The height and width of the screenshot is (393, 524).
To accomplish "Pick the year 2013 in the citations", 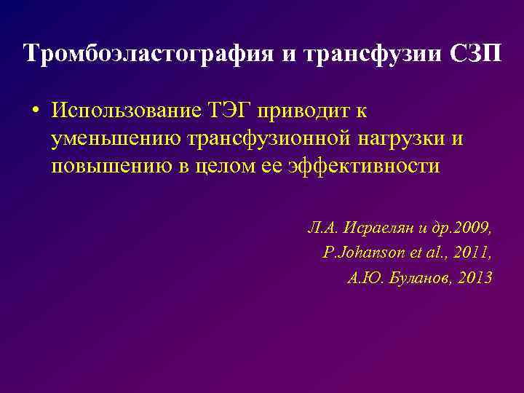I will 475,277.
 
